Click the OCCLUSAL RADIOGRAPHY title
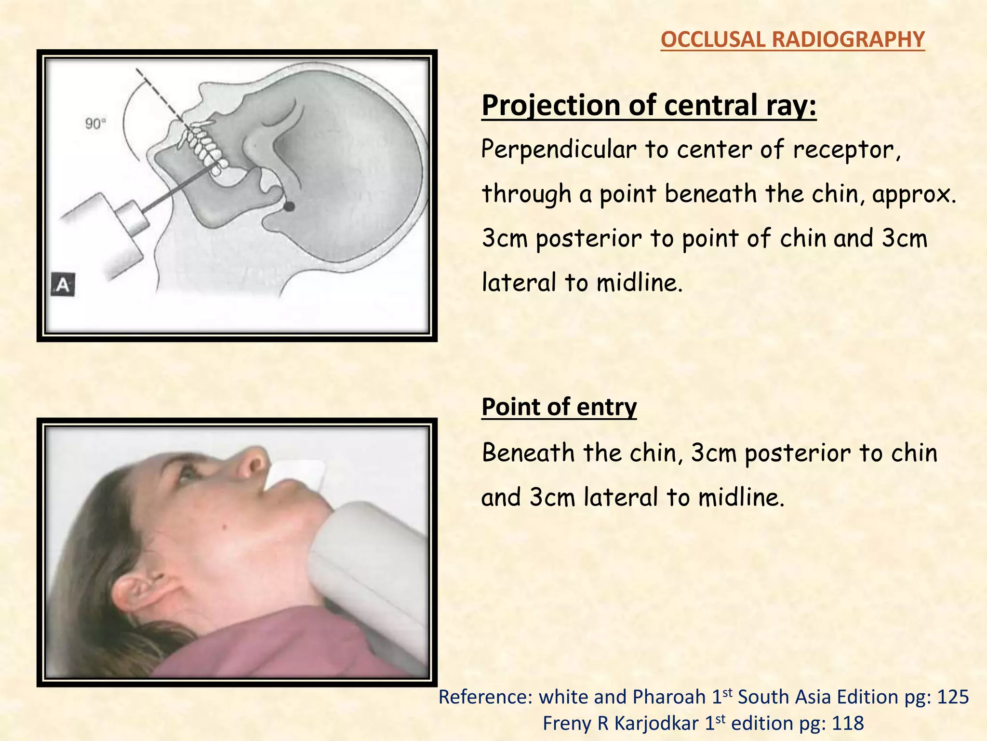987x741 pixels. [x=792, y=40]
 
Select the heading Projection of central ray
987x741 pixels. [x=649, y=105]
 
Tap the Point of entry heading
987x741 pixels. [x=559, y=407]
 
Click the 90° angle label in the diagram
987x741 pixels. [x=95, y=124]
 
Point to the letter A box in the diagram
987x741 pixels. [x=63, y=285]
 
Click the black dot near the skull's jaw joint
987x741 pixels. [x=289, y=206]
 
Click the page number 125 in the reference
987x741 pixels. [x=952, y=698]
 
